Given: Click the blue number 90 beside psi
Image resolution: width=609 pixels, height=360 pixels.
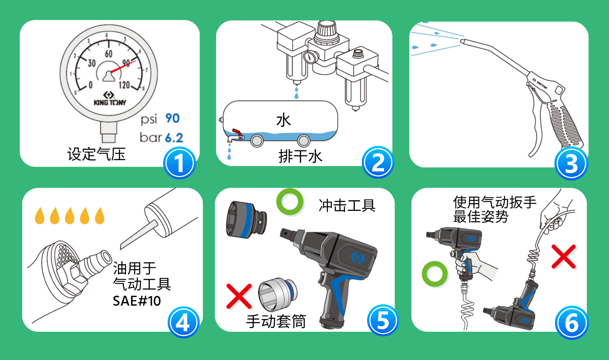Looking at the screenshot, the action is click(x=173, y=118).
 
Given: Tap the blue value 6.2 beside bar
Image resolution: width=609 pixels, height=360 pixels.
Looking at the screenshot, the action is click(x=174, y=138).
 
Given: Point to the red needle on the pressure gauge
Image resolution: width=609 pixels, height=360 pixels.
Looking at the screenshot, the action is click(x=123, y=67).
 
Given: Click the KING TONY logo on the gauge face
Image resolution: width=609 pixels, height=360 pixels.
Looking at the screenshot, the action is click(x=110, y=99).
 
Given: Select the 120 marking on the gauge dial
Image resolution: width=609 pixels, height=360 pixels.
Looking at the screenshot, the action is click(x=124, y=85).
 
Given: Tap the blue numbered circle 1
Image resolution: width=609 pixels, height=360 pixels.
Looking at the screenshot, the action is click(x=179, y=163).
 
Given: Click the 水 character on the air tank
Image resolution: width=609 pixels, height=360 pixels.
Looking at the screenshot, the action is click(x=284, y=120).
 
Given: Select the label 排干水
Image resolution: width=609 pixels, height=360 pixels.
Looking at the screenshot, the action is click(x=300, y=156).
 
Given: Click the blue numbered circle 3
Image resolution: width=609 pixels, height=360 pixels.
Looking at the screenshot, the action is click(x=571, y=163).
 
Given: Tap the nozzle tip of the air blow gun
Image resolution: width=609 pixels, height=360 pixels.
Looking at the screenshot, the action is click(x=462, y=41).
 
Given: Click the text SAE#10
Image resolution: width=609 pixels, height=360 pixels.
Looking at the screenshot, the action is click(x=137, y=301).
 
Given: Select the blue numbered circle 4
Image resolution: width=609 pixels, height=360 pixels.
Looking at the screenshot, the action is click(x=183, y=323).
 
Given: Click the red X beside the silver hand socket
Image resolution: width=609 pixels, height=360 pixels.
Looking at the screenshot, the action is click(x=239, y=297).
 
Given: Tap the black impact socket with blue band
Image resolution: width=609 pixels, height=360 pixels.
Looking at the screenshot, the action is click(x=246, y=220).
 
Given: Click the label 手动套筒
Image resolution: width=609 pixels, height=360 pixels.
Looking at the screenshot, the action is click(x=276, y=321).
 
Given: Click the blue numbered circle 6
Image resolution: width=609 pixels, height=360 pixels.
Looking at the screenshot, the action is click(x=572, y=323).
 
